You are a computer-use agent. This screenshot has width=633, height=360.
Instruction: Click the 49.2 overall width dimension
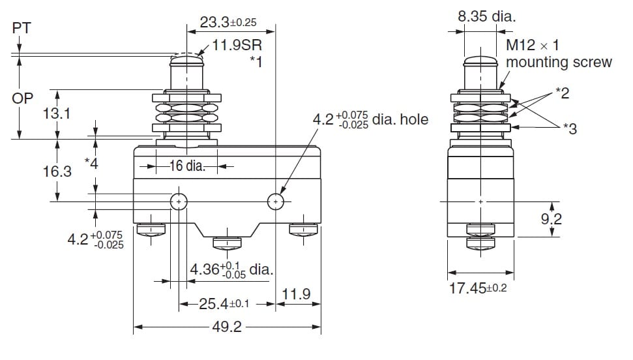point(227,327)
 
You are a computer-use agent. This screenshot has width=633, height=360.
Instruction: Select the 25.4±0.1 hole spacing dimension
point(224,303)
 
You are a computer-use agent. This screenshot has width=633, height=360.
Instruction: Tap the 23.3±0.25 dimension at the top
point(228,22)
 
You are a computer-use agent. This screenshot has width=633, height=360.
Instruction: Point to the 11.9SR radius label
point(237,44)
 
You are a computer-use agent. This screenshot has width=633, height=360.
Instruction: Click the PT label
point(22,28)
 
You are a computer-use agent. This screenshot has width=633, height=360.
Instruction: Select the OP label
point(22,98)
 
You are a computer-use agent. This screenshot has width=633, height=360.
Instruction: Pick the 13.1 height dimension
point(57,113)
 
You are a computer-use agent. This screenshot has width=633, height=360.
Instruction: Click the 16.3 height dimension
point(57,172)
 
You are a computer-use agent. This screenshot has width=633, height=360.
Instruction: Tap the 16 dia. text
point(187,166)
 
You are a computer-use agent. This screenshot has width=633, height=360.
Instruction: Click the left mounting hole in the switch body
point(179,202)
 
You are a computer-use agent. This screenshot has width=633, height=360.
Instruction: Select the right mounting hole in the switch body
point(276,202)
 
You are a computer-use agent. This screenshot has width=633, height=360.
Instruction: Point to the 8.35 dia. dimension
point(487,16)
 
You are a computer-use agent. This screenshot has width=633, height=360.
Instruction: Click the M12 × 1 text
point(533,45)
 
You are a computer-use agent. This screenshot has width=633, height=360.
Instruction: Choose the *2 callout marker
point(563,93)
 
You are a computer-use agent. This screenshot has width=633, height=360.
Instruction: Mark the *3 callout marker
point(570,128)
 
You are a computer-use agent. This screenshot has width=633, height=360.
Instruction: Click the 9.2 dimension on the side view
point(552,218)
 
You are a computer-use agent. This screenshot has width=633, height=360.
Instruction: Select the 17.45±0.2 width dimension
point(478,288)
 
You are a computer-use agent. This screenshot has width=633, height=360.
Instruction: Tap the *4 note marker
point(91,163)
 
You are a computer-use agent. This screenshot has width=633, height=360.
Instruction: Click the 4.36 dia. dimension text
point(231,269)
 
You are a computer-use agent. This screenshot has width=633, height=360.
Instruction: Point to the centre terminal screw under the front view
point(228,243)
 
